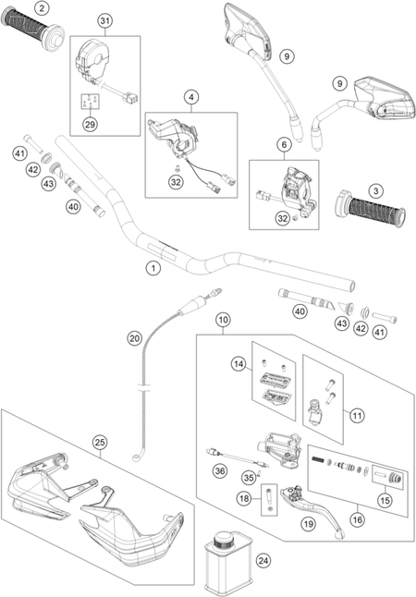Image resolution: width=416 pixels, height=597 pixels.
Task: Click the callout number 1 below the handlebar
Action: coord(153,268)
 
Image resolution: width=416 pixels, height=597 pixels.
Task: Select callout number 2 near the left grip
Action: coord(42,8)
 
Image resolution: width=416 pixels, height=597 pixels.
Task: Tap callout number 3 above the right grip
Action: coord(376,190)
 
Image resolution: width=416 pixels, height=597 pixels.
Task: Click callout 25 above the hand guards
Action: coord(100,443)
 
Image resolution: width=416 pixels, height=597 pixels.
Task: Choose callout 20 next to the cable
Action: coord(134,338)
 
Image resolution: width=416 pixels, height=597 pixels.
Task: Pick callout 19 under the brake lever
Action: coord(309,524)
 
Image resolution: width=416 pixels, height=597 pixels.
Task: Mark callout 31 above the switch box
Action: coord(105,21)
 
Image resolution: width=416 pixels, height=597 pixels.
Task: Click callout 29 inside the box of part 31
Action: coord(91,124)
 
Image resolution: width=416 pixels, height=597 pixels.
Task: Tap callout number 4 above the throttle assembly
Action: coord(191,97)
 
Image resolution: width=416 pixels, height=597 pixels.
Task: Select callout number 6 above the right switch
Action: coord(284,145)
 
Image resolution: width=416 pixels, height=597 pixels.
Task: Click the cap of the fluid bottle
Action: coord(221,540)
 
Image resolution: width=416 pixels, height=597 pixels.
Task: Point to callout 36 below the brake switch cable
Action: coord(220,471)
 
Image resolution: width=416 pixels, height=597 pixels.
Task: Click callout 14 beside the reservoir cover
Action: coord(239,364)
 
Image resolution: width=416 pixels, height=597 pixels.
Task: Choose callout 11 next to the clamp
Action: coord(357,415)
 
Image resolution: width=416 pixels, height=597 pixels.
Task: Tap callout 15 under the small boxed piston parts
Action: coord(385,500)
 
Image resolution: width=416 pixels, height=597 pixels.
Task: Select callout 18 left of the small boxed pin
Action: coord(245,498)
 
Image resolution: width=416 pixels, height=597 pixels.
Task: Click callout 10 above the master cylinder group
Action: coord(223,320)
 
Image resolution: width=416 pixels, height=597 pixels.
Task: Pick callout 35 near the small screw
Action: coord(250,477)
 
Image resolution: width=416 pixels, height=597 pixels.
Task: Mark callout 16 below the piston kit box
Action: coord(358,519)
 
